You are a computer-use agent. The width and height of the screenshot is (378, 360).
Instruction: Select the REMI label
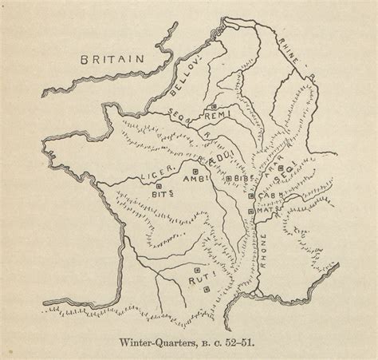[216, 117]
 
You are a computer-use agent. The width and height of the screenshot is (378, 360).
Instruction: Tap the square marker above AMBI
[196, 170]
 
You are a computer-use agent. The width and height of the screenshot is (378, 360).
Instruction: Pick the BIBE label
[243, 179]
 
